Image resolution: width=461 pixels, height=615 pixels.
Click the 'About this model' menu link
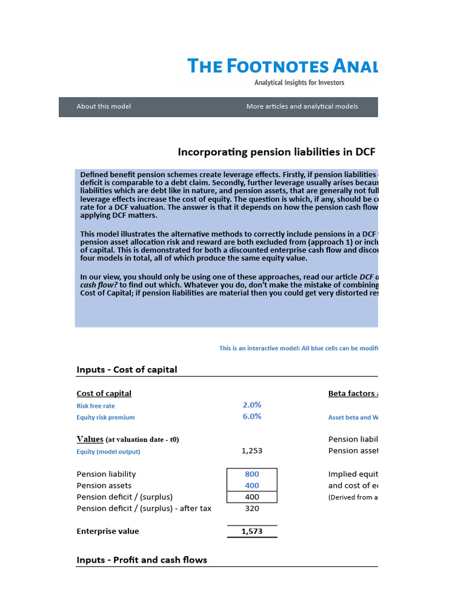click(x=103, y=106)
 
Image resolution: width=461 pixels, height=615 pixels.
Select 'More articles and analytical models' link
click(x=302, y=106)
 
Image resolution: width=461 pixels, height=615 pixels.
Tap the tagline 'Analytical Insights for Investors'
click(x=299, y=83)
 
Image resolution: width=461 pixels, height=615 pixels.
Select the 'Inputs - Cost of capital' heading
click(x=127, y=369)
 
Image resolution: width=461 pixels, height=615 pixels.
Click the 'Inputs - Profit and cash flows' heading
click(x=142, y=560)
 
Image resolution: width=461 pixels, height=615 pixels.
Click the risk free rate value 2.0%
click(x=252, y=405)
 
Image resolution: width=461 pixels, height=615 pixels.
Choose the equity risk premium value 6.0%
click(x=252, y=416)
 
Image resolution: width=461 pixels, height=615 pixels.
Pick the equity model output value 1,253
click(x=252, y=450)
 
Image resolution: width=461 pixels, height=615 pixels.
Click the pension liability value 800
click(x=252, y=474)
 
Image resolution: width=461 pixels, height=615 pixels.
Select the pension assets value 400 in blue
click(x=252, y=485)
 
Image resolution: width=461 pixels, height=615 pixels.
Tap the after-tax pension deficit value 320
click(x=252, y=508)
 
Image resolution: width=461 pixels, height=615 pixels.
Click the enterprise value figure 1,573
click(x=252, y=532)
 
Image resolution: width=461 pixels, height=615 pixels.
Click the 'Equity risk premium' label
click(x=106, y=417)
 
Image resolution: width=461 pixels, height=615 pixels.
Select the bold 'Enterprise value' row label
click(x=107, y=531)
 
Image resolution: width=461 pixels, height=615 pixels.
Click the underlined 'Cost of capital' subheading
click(x=104, y=393)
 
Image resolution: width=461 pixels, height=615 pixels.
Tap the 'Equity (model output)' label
click(x=108, y=452)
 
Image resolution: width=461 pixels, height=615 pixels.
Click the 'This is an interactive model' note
click(x=298, y=348)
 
